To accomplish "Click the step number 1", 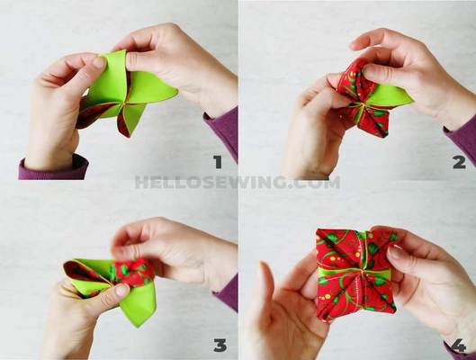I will [216, 162].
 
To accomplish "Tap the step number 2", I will [458, 162].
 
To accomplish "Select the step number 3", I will [219, 345].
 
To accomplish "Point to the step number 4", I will [459, 345].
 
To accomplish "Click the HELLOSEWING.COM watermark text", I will [238, 183].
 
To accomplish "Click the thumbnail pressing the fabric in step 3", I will [117, 291].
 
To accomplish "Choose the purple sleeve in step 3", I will [227, 292].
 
